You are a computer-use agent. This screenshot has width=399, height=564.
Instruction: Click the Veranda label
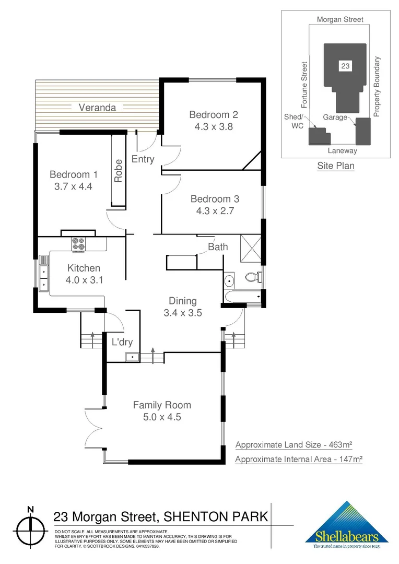(97, 108)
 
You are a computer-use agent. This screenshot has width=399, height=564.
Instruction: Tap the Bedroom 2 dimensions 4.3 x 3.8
(214, 126)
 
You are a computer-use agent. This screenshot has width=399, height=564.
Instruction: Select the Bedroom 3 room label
(215, 199)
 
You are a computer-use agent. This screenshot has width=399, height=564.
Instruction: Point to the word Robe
(119, 171)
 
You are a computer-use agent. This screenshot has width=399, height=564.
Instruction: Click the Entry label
(143, 159)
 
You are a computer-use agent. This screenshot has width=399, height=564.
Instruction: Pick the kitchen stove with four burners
(79, 244)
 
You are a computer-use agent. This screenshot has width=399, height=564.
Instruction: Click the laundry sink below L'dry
(132, 357)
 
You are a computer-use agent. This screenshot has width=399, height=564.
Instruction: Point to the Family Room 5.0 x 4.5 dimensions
(162, 417)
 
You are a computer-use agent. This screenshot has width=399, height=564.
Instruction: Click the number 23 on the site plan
(345, 66)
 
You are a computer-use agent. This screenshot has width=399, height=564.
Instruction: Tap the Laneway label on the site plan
(342, 150)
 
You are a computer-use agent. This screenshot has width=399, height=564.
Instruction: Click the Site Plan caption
(336, 166)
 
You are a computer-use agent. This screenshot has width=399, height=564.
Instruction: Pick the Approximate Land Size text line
(294, 445)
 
